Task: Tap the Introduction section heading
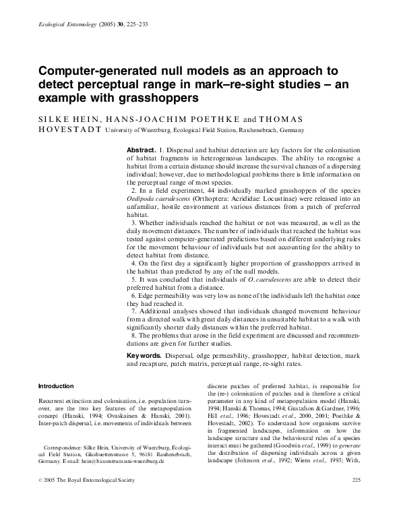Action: pyautogui.click(x=56, y=386)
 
